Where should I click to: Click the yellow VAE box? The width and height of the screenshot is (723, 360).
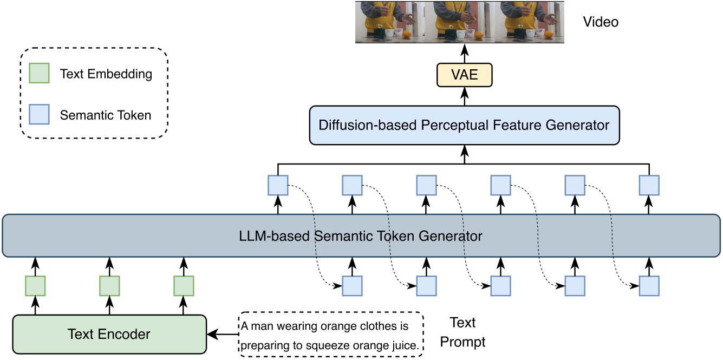(x=464, y=75)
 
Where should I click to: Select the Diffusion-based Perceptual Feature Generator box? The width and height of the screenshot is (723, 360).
(x=464, y=125)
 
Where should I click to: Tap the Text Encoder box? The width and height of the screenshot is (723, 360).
(x=109, y=334)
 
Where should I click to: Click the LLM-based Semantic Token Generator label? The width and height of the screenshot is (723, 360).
(x=361, y=236)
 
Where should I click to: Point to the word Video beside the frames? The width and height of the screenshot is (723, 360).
(x=600, y=22)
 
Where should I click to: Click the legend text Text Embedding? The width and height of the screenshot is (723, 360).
(x=106, y=74)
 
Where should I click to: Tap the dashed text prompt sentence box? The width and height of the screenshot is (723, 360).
(x=331, y=335)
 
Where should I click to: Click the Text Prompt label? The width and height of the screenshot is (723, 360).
(x=463, y=332)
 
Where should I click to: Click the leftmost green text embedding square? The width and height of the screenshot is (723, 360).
(x=35, y=285)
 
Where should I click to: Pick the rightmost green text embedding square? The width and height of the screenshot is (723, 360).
(x=184, y=285)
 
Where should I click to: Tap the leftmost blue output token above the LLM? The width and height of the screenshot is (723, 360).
(x=278, y=185)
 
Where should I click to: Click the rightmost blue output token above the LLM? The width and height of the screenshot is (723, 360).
(x=649, y=185)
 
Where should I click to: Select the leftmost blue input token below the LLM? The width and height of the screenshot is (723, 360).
(x=352, y=285)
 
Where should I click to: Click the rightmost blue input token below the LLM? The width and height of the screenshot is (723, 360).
(x=649, y=285)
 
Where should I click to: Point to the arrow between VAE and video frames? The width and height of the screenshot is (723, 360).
(x=464, y=54)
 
